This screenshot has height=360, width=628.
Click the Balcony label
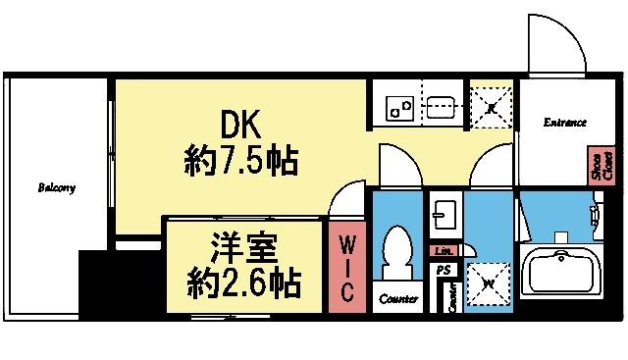pyautogui.click(x=57, y=187)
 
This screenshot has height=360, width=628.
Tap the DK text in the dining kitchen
pyautogui.click(x=238, y=125)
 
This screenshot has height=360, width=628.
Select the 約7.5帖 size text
pyautogui.click(x=240, y=159)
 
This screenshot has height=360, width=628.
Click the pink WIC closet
pyautogui.click(x=346, y=265)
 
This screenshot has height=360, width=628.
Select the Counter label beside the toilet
pyautogui.click(x=398, y=298)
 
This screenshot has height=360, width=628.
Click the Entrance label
pyautogui.click(x=564, y=123)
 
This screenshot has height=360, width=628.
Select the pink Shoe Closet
pyautogui.click(x=595, y=166)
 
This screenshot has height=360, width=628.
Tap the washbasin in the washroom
pyautogui.click(x=444, y=215)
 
